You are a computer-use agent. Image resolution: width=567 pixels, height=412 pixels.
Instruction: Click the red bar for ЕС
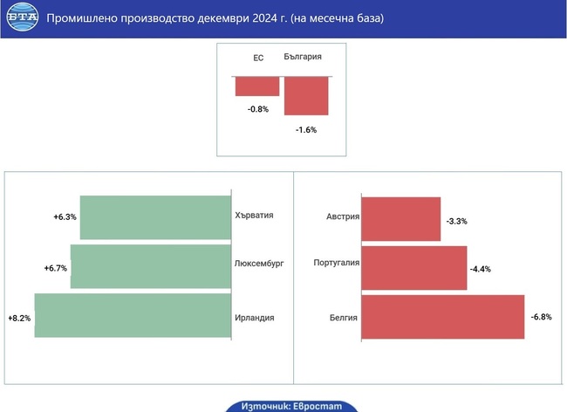pos(256,86)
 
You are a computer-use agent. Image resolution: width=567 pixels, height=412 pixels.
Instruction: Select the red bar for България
pos(306,95)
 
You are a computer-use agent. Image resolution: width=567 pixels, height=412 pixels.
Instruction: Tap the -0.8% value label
pos(257,109)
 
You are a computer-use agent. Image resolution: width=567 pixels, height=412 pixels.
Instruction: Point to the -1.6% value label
pos(305,129)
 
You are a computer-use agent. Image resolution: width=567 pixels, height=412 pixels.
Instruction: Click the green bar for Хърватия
pos(155,217)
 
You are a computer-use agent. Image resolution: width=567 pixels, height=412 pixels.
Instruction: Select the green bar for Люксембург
pos(151,266)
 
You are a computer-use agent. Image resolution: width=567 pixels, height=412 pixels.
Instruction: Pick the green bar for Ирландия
pos(133,316)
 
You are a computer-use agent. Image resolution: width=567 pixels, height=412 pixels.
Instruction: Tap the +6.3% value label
pos(65,216)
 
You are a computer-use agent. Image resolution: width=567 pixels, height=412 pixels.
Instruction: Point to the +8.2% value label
pos(18,319)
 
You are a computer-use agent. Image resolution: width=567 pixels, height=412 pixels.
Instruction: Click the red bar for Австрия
pos(400,218)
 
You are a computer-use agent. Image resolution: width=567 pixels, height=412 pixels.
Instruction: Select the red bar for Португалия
pos(413,266)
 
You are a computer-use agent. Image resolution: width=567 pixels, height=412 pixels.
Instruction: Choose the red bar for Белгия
pos(442,316)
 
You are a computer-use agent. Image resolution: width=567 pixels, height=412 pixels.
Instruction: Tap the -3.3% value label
pos(456,222)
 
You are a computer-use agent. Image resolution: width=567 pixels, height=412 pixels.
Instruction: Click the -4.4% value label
pos(481,269)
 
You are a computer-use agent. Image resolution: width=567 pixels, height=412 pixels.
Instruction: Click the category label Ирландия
pos(255,318)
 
